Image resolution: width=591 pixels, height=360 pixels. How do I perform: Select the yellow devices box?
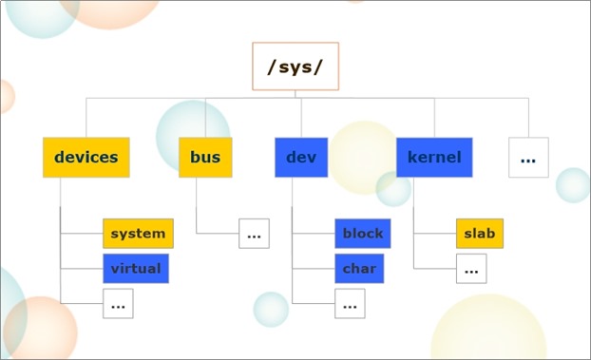pyautogui.click(x=86, y=158)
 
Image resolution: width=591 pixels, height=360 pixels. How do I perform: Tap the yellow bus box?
pyautogui.click(x=205, y=158)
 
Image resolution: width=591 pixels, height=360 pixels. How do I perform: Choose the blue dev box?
pyautogui.click(x=300, y=158)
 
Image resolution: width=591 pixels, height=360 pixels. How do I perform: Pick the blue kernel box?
pyautogui.click(x=434, y=158)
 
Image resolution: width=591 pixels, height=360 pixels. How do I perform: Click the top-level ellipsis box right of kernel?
pyautogui.click(x=528, y=158)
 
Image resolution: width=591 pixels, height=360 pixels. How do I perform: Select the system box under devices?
pyautogui.click(x=138, y=233)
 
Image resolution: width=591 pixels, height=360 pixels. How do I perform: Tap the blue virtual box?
pyautogui.click(x=136, y=268)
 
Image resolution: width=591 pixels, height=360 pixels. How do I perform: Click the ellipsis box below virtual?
pyautogui.click(x=118, y=304)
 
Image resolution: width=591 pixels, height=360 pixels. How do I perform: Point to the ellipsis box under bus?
pyautogui.click(x=254, y=233)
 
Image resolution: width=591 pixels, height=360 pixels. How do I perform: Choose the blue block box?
pyautogui.click(x=363, y=233)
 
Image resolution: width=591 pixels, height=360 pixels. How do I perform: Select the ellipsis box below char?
pyautogui.click(x=350, y=304)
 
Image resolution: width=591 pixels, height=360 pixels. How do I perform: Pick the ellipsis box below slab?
pyautogui.click(x=471, y=269)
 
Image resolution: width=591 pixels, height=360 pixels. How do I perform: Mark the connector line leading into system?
pyautogui.click(x=82, y=233)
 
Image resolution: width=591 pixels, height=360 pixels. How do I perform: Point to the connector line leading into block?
pyautogui.click(x=314, y=233)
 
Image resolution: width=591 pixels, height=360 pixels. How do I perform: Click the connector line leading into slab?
pyautogui.click(x=435, y=233)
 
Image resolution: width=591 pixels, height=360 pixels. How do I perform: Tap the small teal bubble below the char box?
pyautogui.click(x=271, y=310)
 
